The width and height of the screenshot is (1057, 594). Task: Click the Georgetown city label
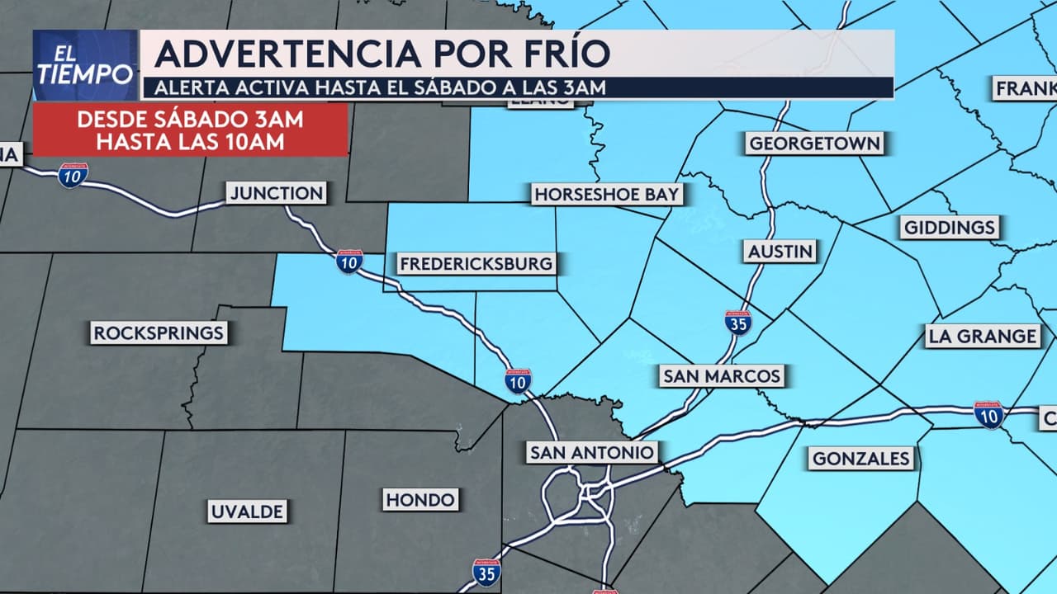pos(814,144)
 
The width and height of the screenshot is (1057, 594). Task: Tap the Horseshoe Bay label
pos(607,195)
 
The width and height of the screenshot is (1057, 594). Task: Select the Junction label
pos(277,194)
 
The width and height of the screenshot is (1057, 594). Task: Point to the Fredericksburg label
pos(476,264)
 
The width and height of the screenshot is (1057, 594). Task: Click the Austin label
pos(780,251)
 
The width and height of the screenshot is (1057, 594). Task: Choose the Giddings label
pos(950,227)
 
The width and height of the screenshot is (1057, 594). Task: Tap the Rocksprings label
pos(159,333)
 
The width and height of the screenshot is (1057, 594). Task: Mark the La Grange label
pos(982,336)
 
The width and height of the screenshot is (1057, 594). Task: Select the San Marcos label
pos(722,376)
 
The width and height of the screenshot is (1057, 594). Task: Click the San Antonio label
pos(592,452)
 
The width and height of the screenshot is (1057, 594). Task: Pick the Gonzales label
pos(861,458)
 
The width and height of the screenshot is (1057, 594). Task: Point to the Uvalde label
pos(248,511)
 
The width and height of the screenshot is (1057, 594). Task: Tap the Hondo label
pos(420,499)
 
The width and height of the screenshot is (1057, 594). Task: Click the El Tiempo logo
pos(85,65)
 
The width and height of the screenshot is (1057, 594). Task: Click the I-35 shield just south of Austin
pos(737,322)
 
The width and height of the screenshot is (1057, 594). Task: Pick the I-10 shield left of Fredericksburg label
pos(349,262)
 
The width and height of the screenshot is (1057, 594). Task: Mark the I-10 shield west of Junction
pos(73,174)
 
